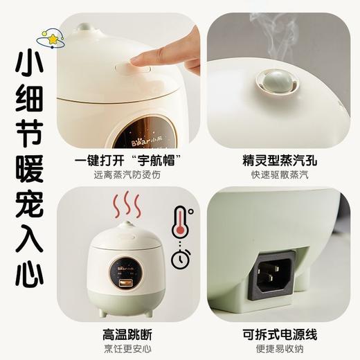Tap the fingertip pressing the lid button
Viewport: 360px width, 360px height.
139,60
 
